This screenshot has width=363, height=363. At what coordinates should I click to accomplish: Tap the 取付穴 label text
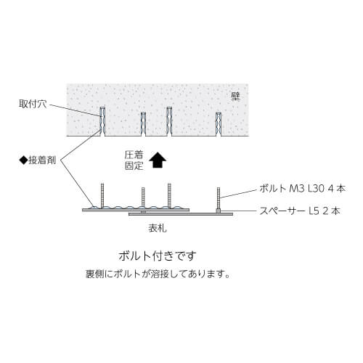coord(33,104)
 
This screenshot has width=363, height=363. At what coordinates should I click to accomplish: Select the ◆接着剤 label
coord(38,160)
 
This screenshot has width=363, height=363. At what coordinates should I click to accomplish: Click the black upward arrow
coord(158,160)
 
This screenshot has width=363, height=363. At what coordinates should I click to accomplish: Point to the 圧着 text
coord(134,155)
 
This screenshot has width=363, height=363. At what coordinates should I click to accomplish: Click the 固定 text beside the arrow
coord(134,166)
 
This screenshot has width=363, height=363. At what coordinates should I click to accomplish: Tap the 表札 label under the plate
coord(158,228)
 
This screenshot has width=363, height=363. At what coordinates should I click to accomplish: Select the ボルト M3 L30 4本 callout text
coord(303,188)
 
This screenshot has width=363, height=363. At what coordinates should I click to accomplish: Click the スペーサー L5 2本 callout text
coord(300,211)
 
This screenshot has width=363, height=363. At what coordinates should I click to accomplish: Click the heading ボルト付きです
coord(158,256)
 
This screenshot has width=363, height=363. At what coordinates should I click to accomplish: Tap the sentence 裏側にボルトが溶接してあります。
coord(158,274)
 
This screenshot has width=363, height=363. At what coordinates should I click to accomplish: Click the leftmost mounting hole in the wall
coord(102,121)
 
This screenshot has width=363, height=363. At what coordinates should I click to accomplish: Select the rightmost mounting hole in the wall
coord(219,124)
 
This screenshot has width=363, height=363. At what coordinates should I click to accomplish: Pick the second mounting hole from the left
coord(143,124)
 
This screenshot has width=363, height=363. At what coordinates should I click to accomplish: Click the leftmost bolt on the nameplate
coord(102,195)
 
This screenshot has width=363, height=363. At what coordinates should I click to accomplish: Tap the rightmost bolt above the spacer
coord(219,198)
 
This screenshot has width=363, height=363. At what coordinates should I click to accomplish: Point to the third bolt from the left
coord(169,195)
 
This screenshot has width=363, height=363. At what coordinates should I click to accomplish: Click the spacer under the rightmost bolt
coord(219,211)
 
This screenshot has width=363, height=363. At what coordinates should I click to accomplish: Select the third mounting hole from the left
coord(169,121)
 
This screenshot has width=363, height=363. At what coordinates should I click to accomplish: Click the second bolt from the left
coord(143,197)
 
